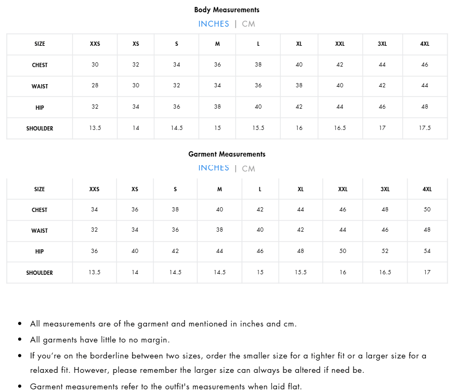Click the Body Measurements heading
[226, 10]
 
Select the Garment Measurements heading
[226, 154]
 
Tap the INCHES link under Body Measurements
[214, 24]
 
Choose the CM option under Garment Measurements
[248, 168]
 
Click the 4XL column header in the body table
[425, 44]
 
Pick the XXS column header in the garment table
[94, 189]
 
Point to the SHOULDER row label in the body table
[39, 128]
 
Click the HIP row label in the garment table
[39, 251]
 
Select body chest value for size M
[217, 65]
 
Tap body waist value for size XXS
[95, 86]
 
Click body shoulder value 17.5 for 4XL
[425, 128]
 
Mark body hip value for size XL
[299, 107]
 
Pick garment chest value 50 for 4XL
[427, 210]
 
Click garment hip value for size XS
[135, 251]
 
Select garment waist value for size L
[260, 231]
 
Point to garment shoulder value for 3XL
[385, 273]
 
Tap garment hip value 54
[427, 251]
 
